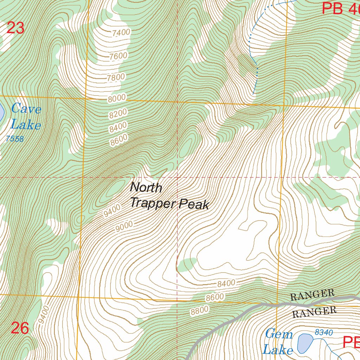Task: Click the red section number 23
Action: pyautogui.click(x=16, y=28)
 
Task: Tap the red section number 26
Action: pyautogui.click(x=20, y=328)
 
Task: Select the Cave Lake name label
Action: pyautogui.click(x=26, y=117)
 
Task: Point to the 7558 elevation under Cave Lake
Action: pyautogui.click(x=14, y=139)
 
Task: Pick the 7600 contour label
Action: pyautogui.click(x=118, y=56)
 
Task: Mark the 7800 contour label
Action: pyautogui.click(x=116, y=77)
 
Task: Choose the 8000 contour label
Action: pyautogui.click(x=117, y=98)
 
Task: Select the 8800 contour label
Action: pyautogui.click(x=200, y=310)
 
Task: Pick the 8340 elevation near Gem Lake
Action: pyautogui.click(x=324, y=332)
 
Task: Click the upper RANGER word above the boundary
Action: pyautogui.click(x=312, y=295)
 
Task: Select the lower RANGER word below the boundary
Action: pyautogui.click(x=314, y=311)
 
